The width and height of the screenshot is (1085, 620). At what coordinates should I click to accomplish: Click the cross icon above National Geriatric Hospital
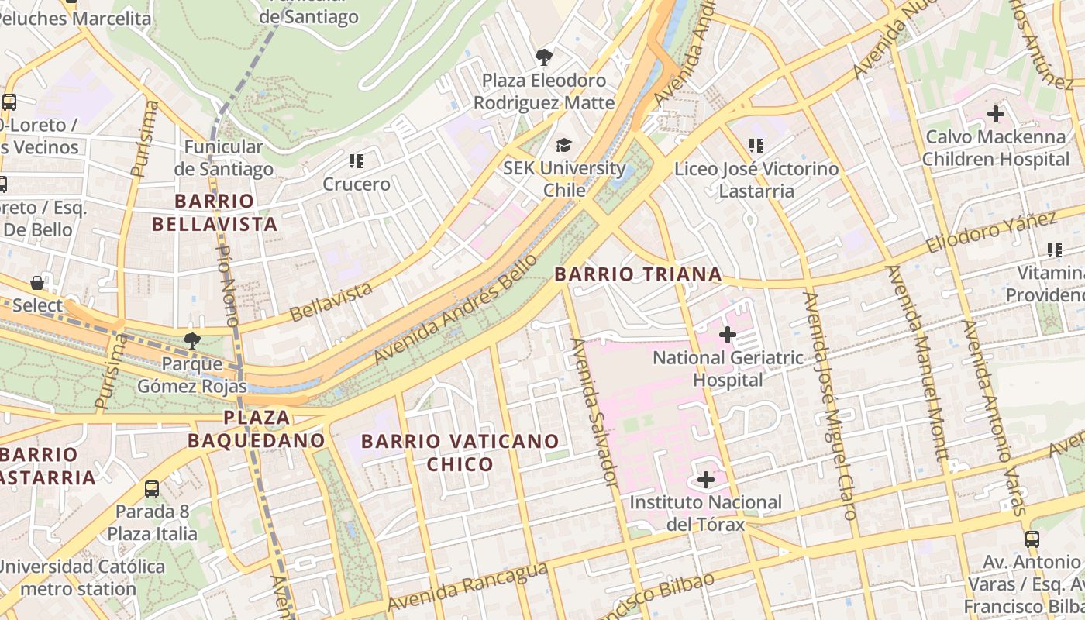(727, 335)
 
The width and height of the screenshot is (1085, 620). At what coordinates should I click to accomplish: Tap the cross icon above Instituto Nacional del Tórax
(705, 480)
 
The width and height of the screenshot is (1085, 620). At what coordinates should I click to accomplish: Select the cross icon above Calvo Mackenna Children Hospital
(995, 114)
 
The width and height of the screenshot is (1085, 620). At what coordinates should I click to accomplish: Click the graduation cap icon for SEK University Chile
(563, 145)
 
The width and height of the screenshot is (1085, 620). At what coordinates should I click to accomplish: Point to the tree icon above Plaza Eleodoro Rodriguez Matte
(544, 57)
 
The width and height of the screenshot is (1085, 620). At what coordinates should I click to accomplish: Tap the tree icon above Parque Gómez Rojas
(191, 340)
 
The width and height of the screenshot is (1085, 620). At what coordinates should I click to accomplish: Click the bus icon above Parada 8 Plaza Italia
(152, 489)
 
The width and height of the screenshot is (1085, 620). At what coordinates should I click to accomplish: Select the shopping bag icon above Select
(36, 283)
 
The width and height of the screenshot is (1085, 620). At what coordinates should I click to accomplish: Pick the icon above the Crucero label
(356, 161)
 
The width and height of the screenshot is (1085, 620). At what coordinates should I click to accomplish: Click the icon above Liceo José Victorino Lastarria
(756, 145)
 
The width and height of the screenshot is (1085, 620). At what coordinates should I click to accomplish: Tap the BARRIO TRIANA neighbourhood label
(638, 274)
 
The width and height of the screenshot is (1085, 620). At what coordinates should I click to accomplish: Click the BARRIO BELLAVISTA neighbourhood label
(214, 213)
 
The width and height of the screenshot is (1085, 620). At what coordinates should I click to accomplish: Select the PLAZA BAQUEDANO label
(256, 429)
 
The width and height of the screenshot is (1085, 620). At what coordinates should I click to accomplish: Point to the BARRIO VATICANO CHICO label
(460, 453)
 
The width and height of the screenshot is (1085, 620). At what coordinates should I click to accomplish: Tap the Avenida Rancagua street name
(467, 587)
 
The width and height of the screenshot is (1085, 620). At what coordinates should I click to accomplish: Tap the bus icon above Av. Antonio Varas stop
(1032, 539)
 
